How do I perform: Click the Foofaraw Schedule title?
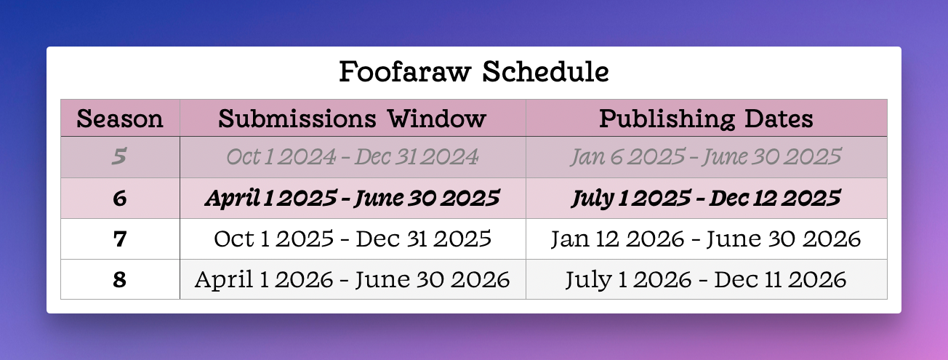tap(474, 71)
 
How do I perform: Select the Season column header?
tap(120, 118)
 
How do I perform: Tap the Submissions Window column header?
tap(352, 118)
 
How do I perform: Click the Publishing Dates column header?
tap(706, 119)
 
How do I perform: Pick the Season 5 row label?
tap(119, 156)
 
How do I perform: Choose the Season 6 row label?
tap(120, 198)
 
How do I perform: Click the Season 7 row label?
tap(120, 239)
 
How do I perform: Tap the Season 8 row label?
tap(120, 279)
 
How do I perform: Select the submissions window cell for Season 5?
tap(353, 156)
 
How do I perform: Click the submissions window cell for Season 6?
tap(353, 199)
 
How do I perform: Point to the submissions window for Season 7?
tap(353, 239)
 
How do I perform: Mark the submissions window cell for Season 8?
tap(352, 279)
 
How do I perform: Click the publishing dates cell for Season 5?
tap(706, 156)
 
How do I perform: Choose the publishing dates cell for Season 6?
tap(706, 199)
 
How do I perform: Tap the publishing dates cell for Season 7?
tap(706, 239)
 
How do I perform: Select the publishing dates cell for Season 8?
tap(706, 279)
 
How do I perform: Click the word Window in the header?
tap(437, 118)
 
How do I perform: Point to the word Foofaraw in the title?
tap(405, 71)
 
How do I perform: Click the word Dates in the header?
tap(779, 118)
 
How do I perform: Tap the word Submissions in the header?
tap(297, 118)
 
